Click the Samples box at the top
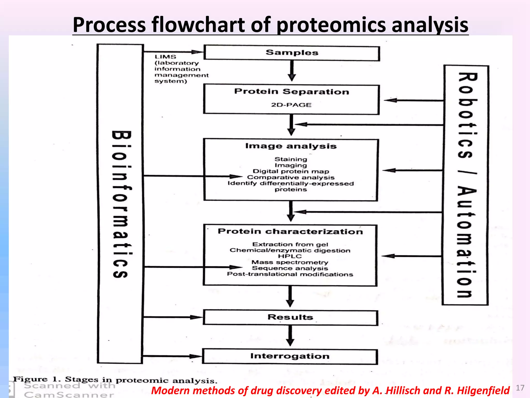[x=292, y=53]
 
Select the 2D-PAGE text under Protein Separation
[x=291, y=105]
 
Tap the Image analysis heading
[x=291, y=146]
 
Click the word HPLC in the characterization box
[x=290, y=256]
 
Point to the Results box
[x=290, y=317]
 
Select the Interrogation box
[x=290, y=356]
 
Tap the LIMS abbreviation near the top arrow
[x=165, y=57]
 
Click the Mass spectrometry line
[x=290, y=262]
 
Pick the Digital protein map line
[x=291, y=171]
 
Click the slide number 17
[x=520, y=388]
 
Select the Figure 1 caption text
[x=115, y=380]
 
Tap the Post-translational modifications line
[x=290, y=274]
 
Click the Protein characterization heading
[x=290, y=231]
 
